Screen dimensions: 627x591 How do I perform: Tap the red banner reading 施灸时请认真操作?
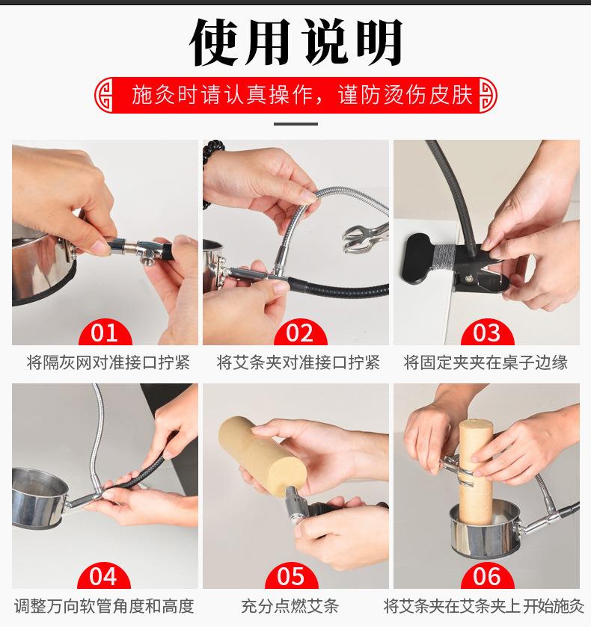click(295, 96)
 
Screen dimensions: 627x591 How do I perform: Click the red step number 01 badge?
click(104, 333)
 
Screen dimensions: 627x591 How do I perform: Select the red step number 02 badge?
click(295, 333)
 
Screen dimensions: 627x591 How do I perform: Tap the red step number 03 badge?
click(487, 333)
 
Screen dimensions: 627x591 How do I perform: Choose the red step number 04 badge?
click(104, 576)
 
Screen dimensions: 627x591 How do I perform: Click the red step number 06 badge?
click(487, 576)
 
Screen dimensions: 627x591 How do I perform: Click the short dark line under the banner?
click(295, 124)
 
